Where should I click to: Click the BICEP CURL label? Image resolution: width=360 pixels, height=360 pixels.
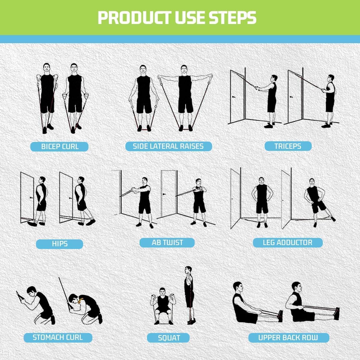[59, 147]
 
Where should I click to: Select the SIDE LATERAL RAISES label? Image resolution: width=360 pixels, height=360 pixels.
[168, 146]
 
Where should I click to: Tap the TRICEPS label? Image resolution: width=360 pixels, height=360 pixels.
[288, 146]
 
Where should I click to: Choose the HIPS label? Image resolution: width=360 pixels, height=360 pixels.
[59, 244]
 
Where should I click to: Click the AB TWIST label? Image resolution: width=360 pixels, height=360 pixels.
[167, 242]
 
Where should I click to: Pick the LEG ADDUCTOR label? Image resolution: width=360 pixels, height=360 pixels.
[287, 242]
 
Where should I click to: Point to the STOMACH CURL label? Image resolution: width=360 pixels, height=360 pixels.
[58, 337]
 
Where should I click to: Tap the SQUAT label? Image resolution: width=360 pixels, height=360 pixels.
[169, 338]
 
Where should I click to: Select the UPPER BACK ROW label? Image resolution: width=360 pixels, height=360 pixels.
[288, 337]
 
